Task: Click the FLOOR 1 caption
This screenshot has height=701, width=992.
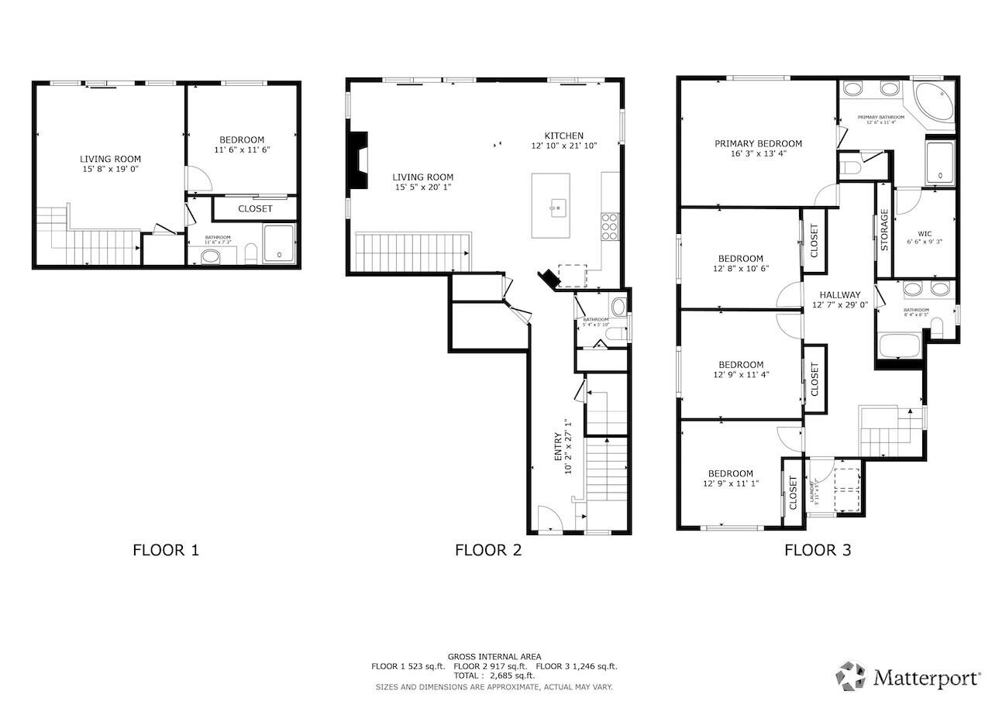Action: pos(166,550)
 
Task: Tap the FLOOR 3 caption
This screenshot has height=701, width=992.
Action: pos(817,550)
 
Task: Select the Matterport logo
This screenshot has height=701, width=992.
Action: pos(907,677)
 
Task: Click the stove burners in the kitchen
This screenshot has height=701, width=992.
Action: pos(610,225)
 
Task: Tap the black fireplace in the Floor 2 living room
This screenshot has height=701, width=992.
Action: pos(358,160)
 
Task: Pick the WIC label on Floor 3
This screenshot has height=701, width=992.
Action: pos(925,232)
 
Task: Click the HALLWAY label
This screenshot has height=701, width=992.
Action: pos(840,294)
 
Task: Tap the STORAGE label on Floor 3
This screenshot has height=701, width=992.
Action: pos(883,229)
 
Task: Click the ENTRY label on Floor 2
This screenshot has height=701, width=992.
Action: pos(557,447)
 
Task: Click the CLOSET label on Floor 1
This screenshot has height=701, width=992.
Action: pos(255,208)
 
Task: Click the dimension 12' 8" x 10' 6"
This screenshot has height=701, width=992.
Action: pos(740,269)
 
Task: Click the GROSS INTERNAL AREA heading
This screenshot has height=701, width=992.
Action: pos(494,656)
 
